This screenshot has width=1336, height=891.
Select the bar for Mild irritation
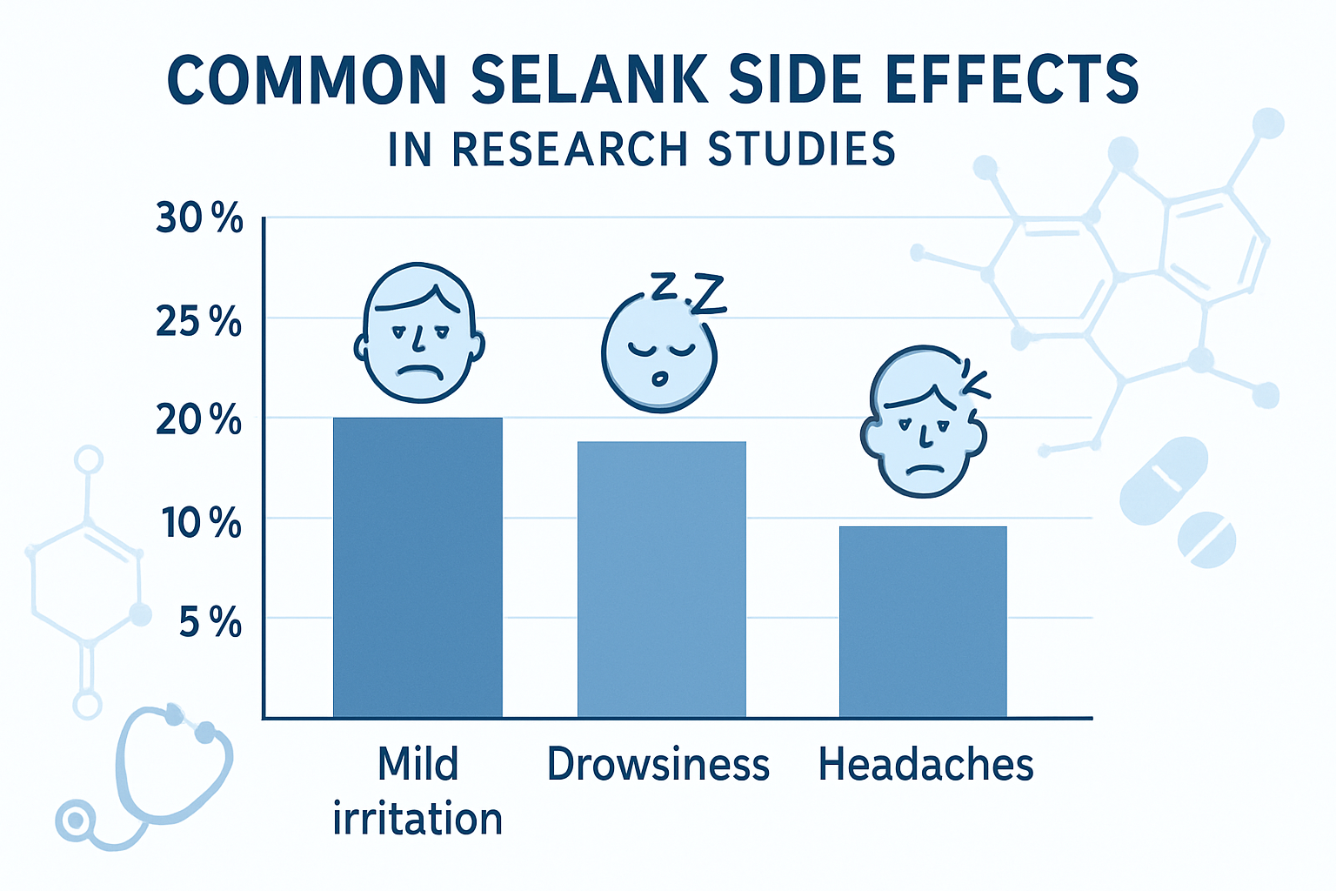[x=417, y=567]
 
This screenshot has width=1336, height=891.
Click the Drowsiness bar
[x=661, y=579]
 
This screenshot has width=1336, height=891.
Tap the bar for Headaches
[x=923, y=621]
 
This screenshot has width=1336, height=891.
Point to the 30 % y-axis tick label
[x=199, y=218]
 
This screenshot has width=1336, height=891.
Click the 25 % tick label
[x=199, y=322]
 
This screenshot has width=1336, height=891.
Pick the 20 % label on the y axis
[x=199, y=420]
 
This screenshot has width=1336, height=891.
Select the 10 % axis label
[x=201, y=524]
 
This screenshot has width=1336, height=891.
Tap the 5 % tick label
[x=210, y=623]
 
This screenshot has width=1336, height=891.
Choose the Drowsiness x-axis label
[x=658, y=765]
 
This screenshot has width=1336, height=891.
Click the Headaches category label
[x=925, y=765]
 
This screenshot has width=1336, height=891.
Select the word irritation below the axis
[x=417, y=820]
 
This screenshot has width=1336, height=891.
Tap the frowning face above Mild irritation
[x=419, y=334]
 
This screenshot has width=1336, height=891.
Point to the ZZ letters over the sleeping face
[x=688, y=291]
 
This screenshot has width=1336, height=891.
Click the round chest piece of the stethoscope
[x=75, y=821]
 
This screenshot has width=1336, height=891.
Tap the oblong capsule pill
[x=1164, y=480]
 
